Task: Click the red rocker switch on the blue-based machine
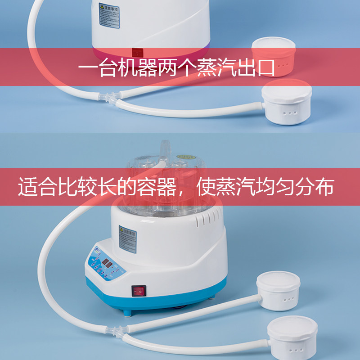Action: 139,291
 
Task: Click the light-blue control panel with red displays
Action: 104,265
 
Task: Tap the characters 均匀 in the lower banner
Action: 275,187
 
